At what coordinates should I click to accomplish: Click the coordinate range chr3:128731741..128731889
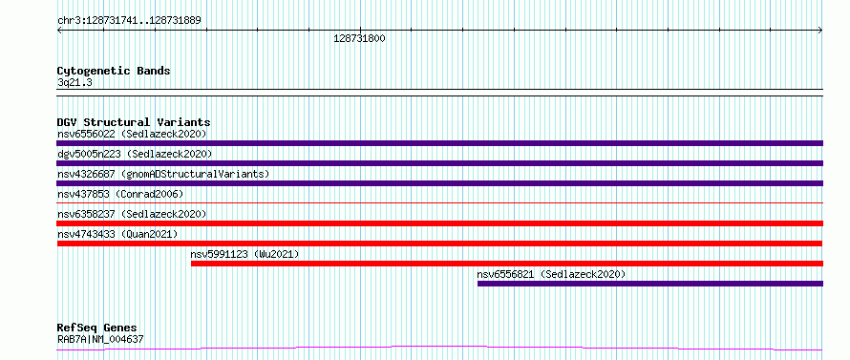[x=129, y=21]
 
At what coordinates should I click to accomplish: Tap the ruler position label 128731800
[x=359, y=39]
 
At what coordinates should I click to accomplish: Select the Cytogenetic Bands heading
[x=114, y=71]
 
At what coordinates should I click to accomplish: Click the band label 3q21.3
[x=74, y=82]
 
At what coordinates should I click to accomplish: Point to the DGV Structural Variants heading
[x=134, y=122]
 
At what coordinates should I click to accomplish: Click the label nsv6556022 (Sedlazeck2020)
[x=132, y=134]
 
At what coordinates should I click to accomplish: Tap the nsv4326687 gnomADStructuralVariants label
[x=163, y=174]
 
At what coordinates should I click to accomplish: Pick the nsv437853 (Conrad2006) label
[x=120, y=194]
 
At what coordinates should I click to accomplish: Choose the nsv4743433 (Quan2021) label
[x=117, y=234]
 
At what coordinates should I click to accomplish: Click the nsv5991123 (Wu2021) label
[x=244, y=254]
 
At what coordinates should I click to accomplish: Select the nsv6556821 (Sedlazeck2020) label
[x=551, y=274]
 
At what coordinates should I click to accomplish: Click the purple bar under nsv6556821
[x=650, y=284]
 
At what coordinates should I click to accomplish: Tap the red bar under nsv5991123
[x=507, y=264]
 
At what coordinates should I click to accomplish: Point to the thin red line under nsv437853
[x=440, y=202]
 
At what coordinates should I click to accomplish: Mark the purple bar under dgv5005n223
[x=440, y=163]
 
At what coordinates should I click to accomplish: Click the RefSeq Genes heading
[x=97, y=328]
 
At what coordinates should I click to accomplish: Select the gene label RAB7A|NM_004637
[x=100, y=340]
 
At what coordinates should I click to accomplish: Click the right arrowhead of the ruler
[x=820, y=31]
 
